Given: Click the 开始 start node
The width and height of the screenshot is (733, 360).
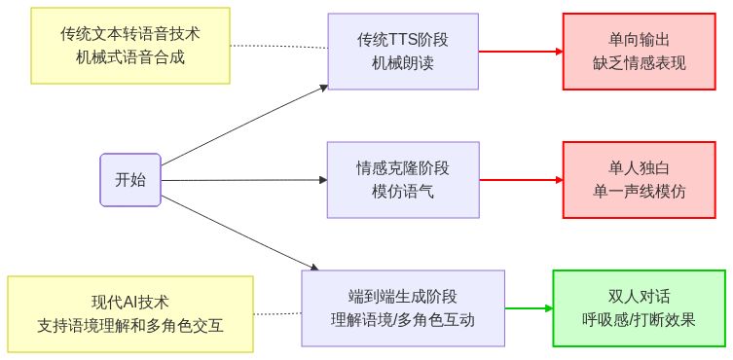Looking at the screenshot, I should (130, 180).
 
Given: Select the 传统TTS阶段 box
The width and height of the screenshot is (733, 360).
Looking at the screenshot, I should (403, 52).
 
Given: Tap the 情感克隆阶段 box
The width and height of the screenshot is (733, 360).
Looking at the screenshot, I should (403, 180).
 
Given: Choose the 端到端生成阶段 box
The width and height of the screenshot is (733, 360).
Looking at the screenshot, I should (403, 308).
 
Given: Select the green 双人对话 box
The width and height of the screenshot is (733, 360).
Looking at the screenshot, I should (640, 308).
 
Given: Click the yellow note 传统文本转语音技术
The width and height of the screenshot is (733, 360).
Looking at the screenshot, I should (130, 45).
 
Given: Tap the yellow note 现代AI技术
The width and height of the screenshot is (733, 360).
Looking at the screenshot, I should (130, 314).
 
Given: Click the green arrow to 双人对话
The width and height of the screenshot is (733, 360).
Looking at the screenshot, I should (528, 308).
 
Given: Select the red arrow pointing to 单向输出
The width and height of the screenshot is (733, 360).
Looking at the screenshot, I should (521, 52).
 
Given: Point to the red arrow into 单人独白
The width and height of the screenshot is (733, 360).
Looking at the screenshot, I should (521, 180).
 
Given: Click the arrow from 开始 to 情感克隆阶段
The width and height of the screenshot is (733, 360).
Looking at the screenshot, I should (243, 180).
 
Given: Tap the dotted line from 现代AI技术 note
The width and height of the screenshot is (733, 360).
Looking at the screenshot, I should (277, 313).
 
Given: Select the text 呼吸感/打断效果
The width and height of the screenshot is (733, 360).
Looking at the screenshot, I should (640, 320).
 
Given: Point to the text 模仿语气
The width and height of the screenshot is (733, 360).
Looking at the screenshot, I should (403, 192).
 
